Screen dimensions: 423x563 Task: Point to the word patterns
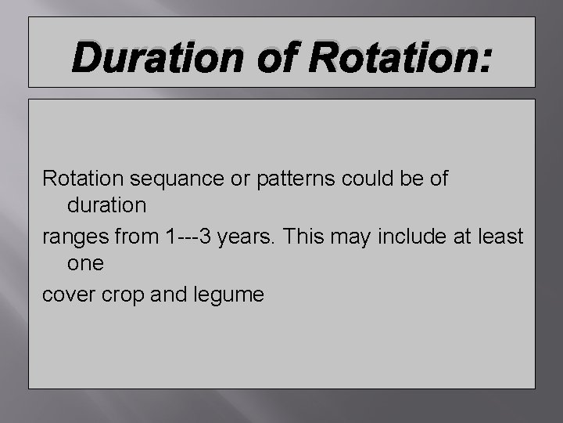click(286, 179)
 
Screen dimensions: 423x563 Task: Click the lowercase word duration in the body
click(107, 206)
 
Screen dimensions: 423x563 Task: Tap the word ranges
click(74, 236)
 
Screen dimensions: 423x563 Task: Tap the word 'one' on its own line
click(86, 264)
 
